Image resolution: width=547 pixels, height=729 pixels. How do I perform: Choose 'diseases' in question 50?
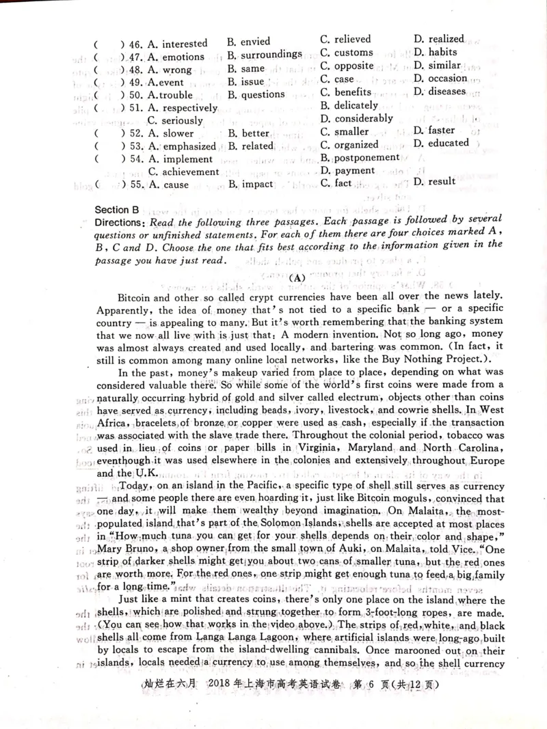click(446, 91)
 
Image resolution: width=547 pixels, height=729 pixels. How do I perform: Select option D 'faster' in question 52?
click(441, 130)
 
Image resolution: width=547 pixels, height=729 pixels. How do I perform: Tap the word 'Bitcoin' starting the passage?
click(137, 299)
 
